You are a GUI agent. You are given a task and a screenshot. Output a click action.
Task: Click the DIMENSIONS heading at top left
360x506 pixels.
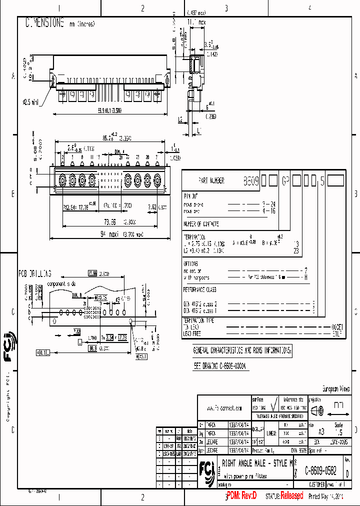(x=44, y=22)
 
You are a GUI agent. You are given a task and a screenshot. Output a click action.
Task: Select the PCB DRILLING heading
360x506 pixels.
(x=35, y=273)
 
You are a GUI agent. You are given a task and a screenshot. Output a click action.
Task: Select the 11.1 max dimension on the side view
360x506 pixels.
(x=196, y=22)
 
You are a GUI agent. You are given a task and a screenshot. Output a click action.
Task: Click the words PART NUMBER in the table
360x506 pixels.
(x=211, y=181)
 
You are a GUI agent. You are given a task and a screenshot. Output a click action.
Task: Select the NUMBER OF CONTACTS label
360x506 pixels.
(x=201, y=224)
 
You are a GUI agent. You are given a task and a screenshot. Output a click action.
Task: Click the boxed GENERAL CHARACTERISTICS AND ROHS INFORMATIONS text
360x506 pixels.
(x=242, y=351)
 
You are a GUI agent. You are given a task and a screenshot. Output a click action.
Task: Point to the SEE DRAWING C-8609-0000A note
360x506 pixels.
(x=220, y=366)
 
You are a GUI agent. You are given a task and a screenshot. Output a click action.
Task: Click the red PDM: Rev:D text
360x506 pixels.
(x=241, y=496)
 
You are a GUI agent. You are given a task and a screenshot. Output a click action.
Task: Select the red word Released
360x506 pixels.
(x=291, y=496)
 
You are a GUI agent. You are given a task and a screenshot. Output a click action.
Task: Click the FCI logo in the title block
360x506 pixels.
(x=206, y=470)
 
